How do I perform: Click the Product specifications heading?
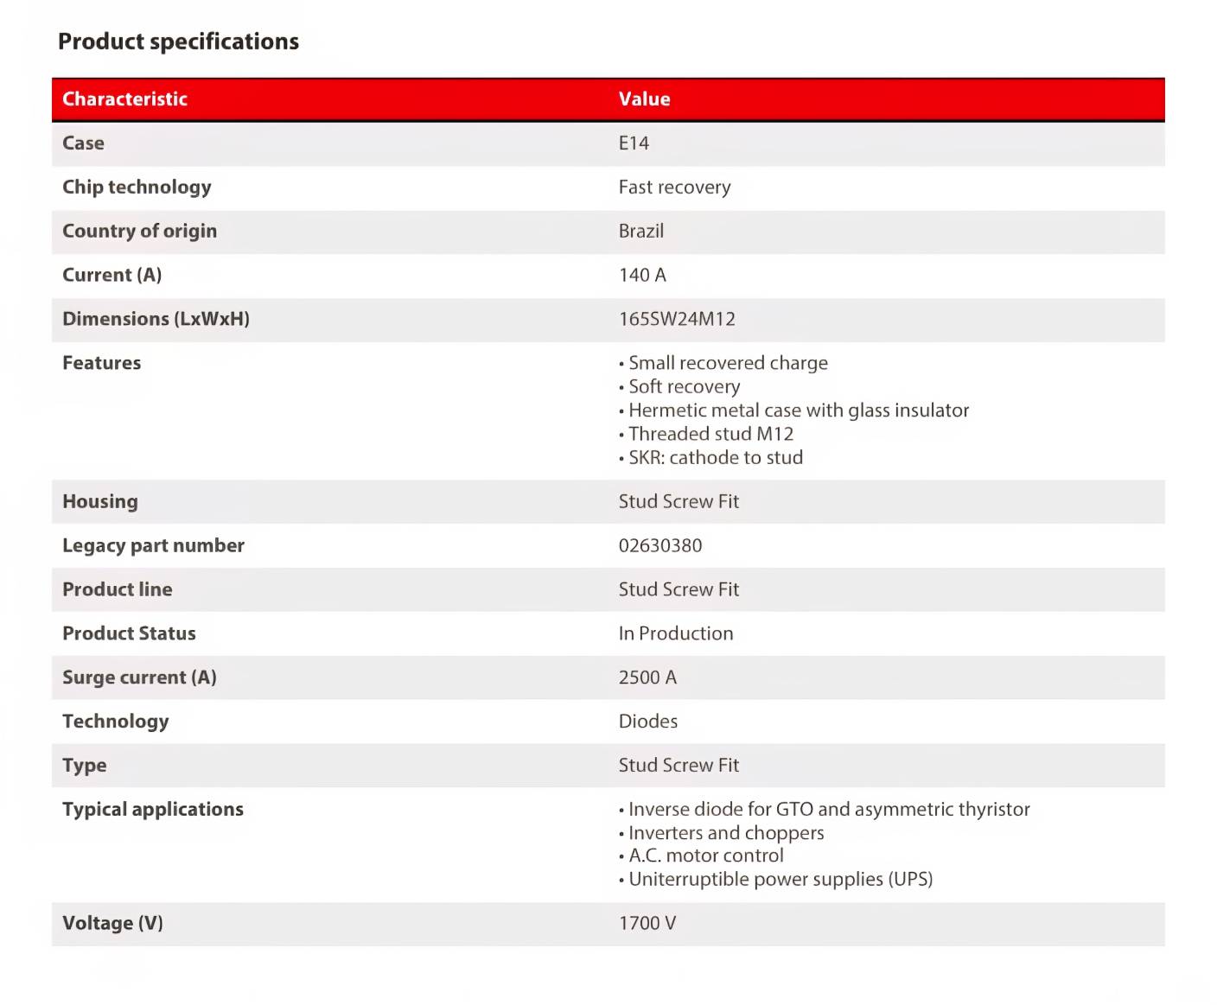178,41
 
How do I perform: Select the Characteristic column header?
124,99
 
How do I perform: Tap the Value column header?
644,99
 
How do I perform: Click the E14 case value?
634,143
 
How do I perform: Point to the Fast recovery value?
674,188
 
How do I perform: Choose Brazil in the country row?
640,232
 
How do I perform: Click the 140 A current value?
642,276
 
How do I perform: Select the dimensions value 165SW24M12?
677,320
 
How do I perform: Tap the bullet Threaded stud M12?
710,434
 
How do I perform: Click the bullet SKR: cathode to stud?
715,458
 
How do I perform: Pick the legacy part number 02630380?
660,546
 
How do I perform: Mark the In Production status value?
675,633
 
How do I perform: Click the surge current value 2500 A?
647,677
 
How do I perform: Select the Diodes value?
647,722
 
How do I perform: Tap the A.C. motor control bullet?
705,856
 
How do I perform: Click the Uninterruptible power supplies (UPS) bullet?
780,880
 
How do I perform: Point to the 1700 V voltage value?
647,924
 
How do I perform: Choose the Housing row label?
100,502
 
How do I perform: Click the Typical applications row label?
153,810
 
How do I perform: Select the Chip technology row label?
137,188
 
